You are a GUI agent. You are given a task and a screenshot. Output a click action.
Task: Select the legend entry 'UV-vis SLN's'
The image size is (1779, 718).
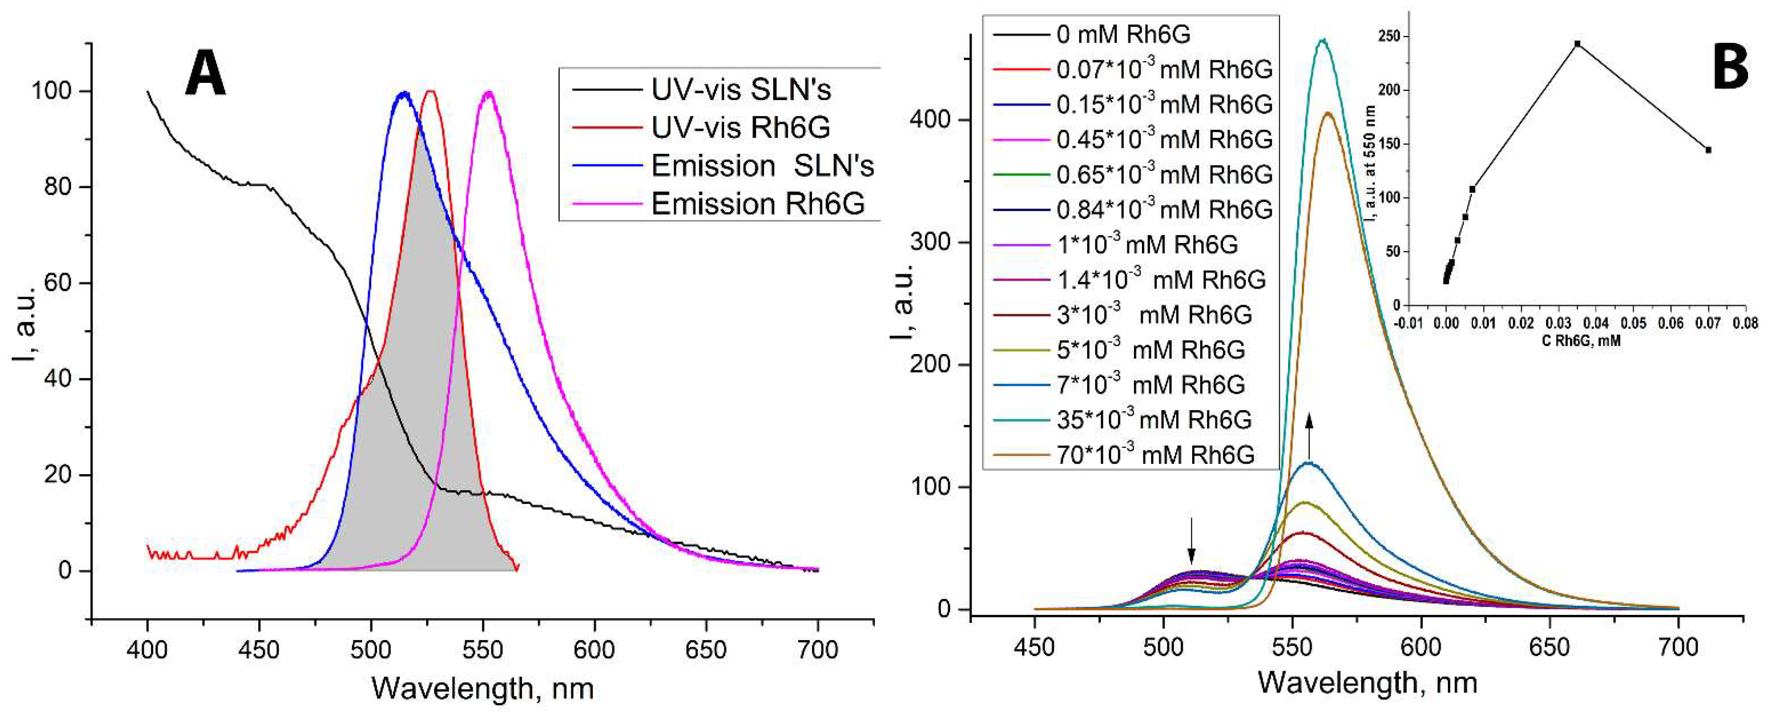coord(740,90)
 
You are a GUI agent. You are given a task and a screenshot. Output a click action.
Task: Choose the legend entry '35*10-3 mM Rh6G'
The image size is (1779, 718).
coord(1153,419)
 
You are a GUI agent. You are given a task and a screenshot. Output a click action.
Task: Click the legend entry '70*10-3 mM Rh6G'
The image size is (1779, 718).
coord(1155,455)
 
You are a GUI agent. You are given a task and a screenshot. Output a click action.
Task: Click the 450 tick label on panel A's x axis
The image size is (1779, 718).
coord(259,650)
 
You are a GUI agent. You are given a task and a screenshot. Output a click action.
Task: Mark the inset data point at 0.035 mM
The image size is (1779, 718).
coord(1577,44)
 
